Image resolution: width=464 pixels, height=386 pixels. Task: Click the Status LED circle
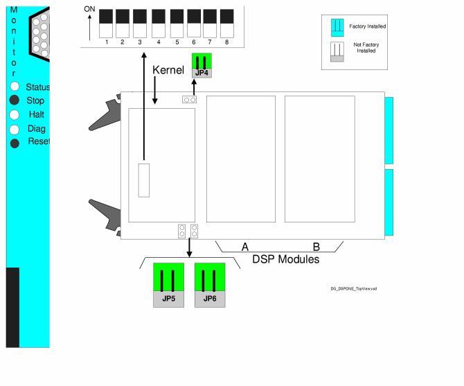coord(15,87)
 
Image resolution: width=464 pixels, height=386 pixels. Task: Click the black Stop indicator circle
coord(15,100)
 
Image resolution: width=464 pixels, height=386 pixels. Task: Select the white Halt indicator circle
coord(15,115)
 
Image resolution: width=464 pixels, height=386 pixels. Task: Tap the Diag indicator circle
coord(15,129)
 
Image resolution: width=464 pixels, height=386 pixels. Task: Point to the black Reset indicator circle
coord(15,143)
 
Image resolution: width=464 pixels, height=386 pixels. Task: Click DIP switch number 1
coord(107,24)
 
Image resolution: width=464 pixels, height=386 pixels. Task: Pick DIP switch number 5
coord(177,24)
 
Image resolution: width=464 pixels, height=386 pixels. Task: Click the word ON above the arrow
coord(89,9)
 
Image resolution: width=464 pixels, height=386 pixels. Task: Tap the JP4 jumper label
coord(202,72)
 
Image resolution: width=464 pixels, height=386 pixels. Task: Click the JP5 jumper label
coord(168,299)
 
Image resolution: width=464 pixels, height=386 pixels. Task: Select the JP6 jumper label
coord(210,299)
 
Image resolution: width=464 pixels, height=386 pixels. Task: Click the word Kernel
coord(168,70)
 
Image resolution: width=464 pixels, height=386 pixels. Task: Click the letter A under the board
coord(244,247)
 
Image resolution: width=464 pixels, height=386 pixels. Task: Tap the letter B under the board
coord(316,247)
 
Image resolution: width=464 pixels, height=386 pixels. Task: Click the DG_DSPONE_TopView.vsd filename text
coord(353,288)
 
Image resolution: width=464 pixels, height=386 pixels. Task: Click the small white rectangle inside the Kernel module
coord(143,180)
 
